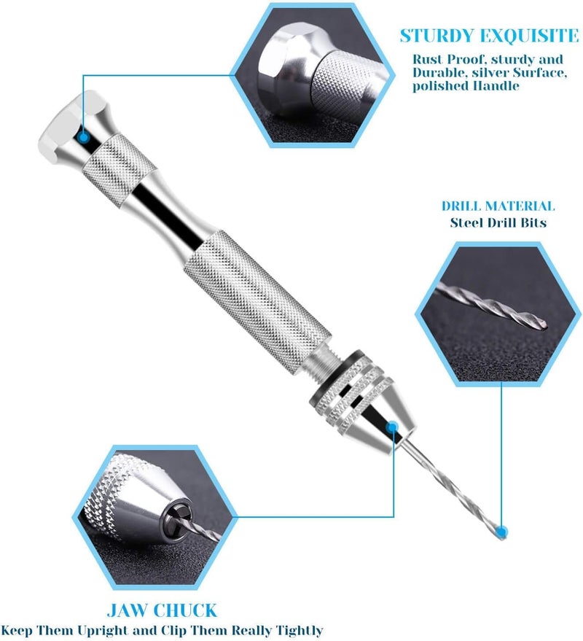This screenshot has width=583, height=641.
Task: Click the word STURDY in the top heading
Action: click(x=439, y=36)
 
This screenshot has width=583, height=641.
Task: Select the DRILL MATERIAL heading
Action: click(x=498, y=206)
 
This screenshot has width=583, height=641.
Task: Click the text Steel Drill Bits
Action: click(x=498, y=223)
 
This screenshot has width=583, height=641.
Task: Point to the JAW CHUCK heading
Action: click(x=162, y=610)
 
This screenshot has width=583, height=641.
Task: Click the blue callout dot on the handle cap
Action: click(x=83, y=137)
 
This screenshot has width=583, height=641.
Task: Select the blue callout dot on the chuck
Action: click(x=392, y=427)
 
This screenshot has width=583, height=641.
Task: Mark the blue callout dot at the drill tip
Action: click(x=501, y=532)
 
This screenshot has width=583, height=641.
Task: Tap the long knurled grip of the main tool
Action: click(x=257, y=302)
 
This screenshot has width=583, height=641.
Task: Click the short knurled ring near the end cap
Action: click(x=119, y=171)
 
